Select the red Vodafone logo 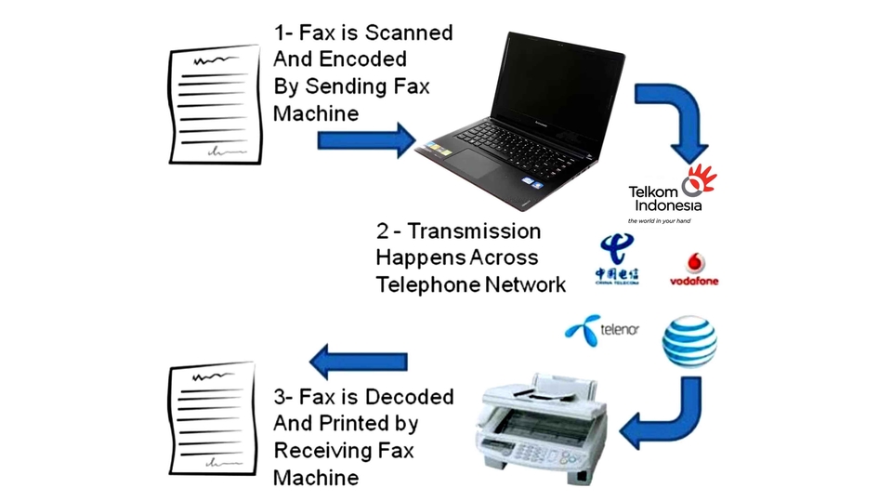point(694,270)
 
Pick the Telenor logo point(602,330)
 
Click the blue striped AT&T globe point(689,342)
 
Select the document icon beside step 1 point(215,105)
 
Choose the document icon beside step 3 point(212,418)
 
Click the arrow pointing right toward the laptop point(365,139)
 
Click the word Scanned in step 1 point(408,33)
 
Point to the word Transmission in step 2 point(473,231)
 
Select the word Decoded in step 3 point(408,397)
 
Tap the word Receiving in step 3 point(325,451)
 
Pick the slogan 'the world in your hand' point(659,221)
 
